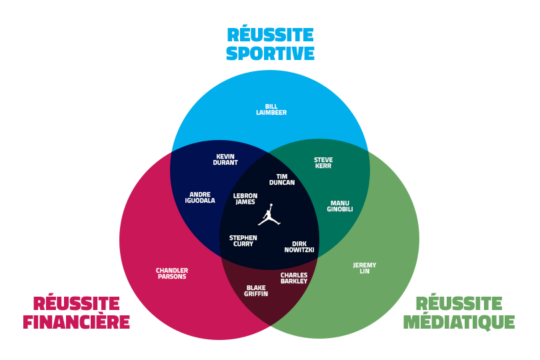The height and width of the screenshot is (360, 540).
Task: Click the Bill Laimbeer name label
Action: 271,109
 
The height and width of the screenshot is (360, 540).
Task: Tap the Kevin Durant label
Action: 225,160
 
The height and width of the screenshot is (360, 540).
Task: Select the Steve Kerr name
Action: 323,163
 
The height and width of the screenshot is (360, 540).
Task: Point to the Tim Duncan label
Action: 282,179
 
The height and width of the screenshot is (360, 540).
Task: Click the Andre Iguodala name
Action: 200,197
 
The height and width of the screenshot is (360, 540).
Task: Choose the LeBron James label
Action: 245,199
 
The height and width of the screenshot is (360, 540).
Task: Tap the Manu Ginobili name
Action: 340,206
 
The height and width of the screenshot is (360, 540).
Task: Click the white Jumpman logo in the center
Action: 269,215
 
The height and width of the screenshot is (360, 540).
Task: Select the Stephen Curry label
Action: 243,241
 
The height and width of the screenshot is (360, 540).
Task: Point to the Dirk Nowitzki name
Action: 299,247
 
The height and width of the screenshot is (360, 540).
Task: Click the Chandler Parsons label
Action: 172,273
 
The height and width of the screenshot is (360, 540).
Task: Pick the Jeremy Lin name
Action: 365,268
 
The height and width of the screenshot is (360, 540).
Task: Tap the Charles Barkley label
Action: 294,278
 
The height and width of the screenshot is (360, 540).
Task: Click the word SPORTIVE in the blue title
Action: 270,53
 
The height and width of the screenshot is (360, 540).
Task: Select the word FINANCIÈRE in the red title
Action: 76,323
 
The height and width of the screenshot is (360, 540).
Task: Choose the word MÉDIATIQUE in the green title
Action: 459,323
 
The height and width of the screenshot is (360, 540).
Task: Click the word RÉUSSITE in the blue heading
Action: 270,35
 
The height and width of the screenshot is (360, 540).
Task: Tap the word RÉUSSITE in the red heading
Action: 76,304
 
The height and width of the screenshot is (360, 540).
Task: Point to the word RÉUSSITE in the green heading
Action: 459,304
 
